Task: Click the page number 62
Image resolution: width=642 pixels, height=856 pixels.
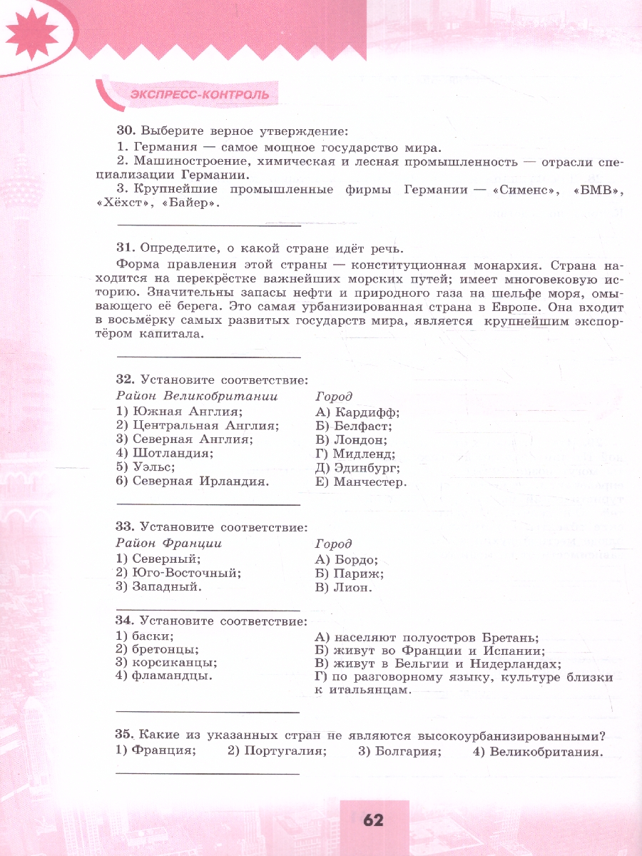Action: coord(373,820)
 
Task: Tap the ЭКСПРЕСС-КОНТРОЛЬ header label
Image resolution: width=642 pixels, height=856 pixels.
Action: coord(200,94)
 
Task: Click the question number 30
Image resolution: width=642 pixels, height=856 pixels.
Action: coord(125,131)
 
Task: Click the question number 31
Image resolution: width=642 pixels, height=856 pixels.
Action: coord(125,248)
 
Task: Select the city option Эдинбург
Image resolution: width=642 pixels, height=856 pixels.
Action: coord(367,468)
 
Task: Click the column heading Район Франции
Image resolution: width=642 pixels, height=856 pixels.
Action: coord(169,544)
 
